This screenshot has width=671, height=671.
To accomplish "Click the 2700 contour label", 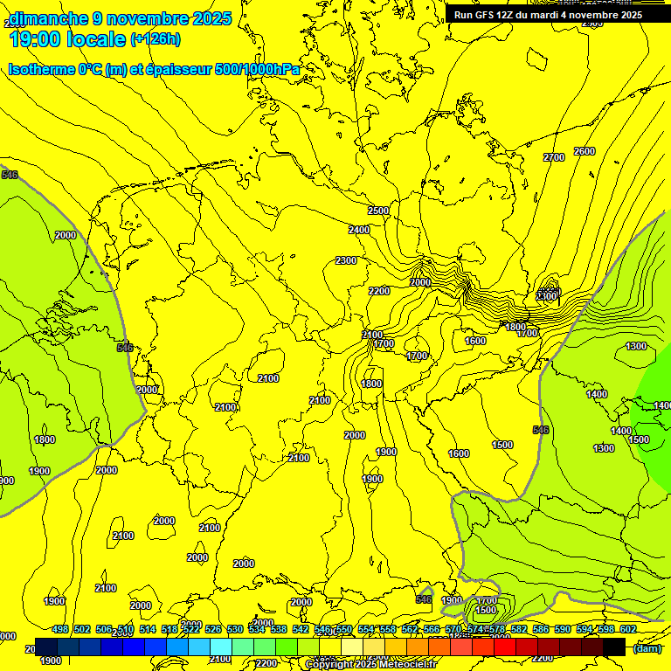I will pyautogui.click(x=553, y=157).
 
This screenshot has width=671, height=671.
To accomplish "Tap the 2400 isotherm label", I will pyautogui.click(x=359, y=230).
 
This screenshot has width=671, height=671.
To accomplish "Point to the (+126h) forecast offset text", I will pyautogui.click(x=156, y=38).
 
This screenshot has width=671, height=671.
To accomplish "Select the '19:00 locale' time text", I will pyautogui.click(x=67, y=39).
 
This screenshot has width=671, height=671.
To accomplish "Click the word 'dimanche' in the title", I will pyautogui.click(x=49, y=18).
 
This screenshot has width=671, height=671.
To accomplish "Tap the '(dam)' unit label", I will pyautogui.click(x=647, y=648).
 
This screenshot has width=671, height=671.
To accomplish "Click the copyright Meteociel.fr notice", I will pyautogui.click(x=370, y=664).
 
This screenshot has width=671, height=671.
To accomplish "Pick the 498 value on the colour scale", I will pyautogui.click(x=60, y=629).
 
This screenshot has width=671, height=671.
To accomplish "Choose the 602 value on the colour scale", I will pyautogui.click(x=628, y=629).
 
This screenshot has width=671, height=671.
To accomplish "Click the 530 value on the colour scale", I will pyautogui.click(x=235, y=629).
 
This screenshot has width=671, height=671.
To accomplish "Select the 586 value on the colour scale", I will pyautogui.click(x=541, y=629).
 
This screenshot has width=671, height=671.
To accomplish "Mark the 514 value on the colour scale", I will pyautogui.click(x=148, y=629).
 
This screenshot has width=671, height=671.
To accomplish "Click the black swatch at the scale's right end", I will pyautogui.click(x=614, y=647).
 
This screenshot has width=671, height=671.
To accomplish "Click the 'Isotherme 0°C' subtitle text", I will pyautogui.click(x=54, y=69).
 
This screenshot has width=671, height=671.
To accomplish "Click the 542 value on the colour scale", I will pyautogui.click(x=301, y=629).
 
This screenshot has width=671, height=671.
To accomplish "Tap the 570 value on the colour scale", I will pyautogui.click(x=453, y=629).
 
